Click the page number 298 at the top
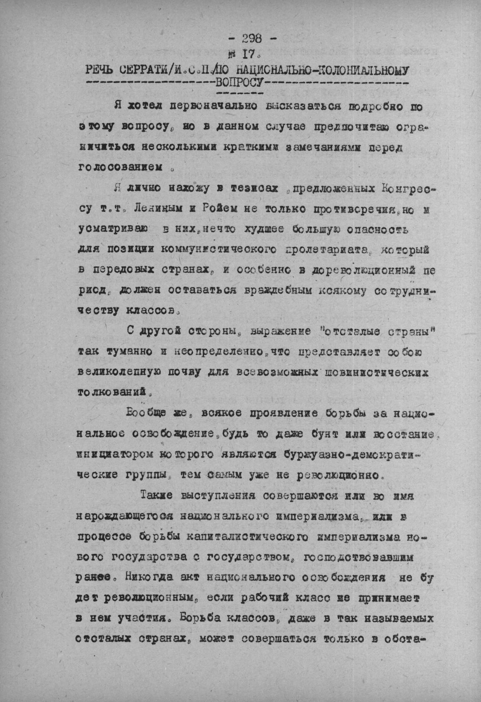click(251, 39)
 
